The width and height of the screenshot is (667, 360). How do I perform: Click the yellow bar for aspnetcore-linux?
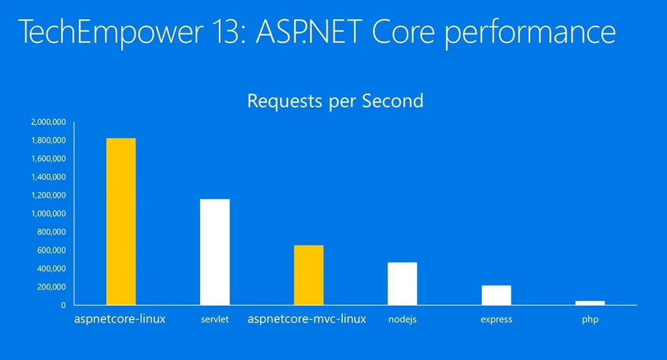click(121, 221)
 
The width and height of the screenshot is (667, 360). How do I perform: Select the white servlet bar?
click(215, 252)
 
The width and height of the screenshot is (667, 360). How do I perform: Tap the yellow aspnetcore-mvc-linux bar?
click(308, 275)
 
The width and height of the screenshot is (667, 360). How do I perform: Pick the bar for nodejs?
click(403, 283)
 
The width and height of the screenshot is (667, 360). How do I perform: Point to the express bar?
click(496, 295)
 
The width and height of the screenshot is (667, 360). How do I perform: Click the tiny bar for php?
click(590, 303)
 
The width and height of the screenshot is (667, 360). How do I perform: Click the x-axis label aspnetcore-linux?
click(120, 319)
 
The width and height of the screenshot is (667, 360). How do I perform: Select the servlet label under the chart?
click(215, 319)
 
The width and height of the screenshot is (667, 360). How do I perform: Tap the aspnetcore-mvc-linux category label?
click(307, 319)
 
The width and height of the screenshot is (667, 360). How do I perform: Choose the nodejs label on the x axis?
click(403, 320)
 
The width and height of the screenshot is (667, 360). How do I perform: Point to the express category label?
click(496, 320)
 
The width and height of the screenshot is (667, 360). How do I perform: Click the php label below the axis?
click(590, 320)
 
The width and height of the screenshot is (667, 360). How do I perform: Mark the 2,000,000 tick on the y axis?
click(48, 122)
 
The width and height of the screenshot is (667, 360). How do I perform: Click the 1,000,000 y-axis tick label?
click(48, 214)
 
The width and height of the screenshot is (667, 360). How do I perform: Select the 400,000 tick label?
click(51, 269)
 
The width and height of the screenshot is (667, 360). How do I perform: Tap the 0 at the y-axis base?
click(63, 305)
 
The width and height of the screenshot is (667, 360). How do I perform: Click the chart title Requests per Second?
click(335, 101)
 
